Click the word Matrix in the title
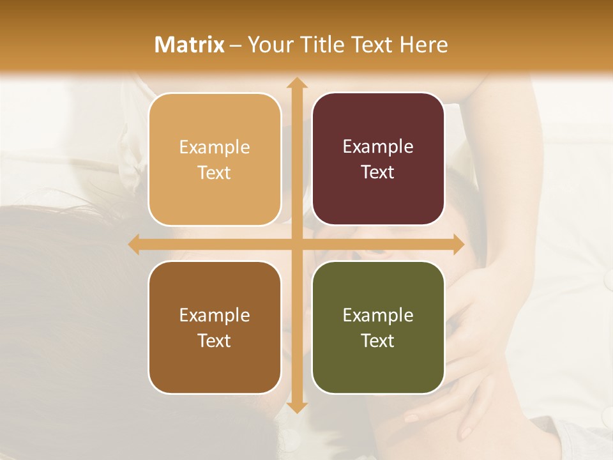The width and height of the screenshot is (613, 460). coord(190,45)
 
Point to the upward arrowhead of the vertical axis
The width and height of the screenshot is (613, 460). coord(296,82)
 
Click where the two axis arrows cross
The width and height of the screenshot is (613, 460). coord(296,244)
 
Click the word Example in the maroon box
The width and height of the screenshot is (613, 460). coord(378,146)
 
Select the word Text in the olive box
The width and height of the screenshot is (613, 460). coord(378,341)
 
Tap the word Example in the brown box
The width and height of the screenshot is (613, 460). coord(215,315)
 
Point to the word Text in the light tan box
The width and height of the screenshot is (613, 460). coord(215,172)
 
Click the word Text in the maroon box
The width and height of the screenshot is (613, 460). coord(378,172)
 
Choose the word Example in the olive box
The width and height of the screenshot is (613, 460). coord(378,315)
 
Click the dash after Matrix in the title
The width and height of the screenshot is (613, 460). coord(236,45)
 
